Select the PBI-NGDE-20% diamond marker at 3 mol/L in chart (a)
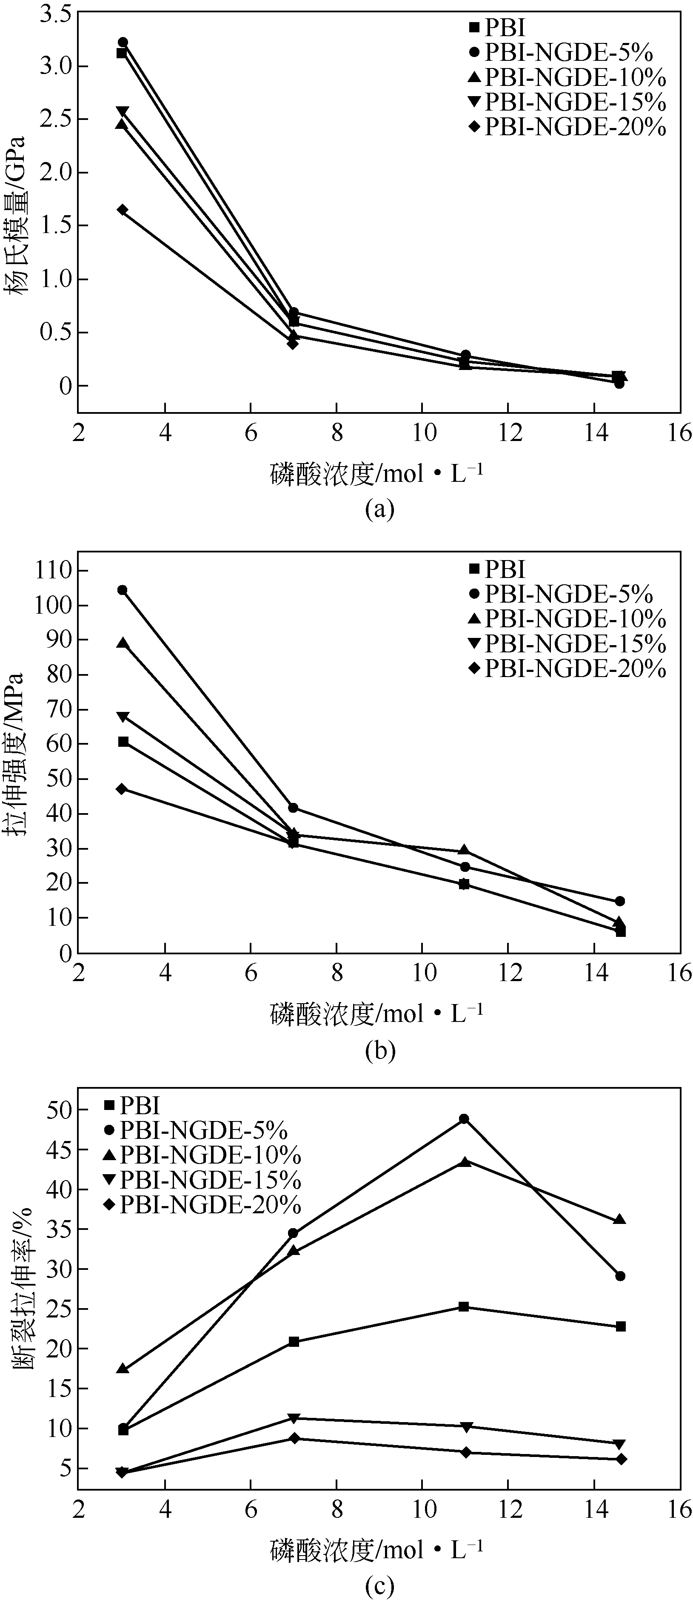123,210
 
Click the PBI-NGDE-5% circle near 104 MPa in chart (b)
123,589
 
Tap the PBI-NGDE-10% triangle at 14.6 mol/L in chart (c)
619,1220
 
